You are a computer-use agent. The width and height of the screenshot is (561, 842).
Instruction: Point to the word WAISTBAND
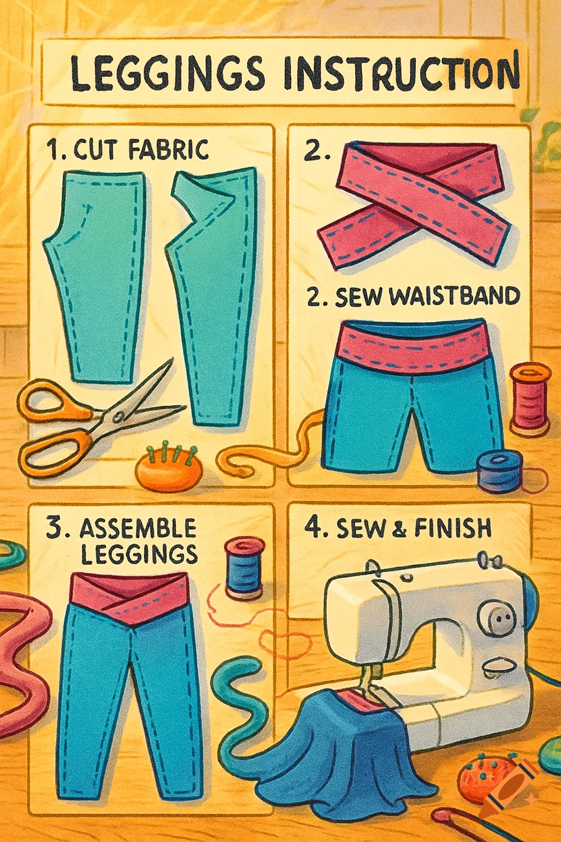click(455, 297)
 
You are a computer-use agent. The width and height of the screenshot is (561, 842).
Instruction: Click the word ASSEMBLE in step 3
click(138, 528)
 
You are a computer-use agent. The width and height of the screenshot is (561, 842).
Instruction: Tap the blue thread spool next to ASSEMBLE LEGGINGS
click(244, 568)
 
